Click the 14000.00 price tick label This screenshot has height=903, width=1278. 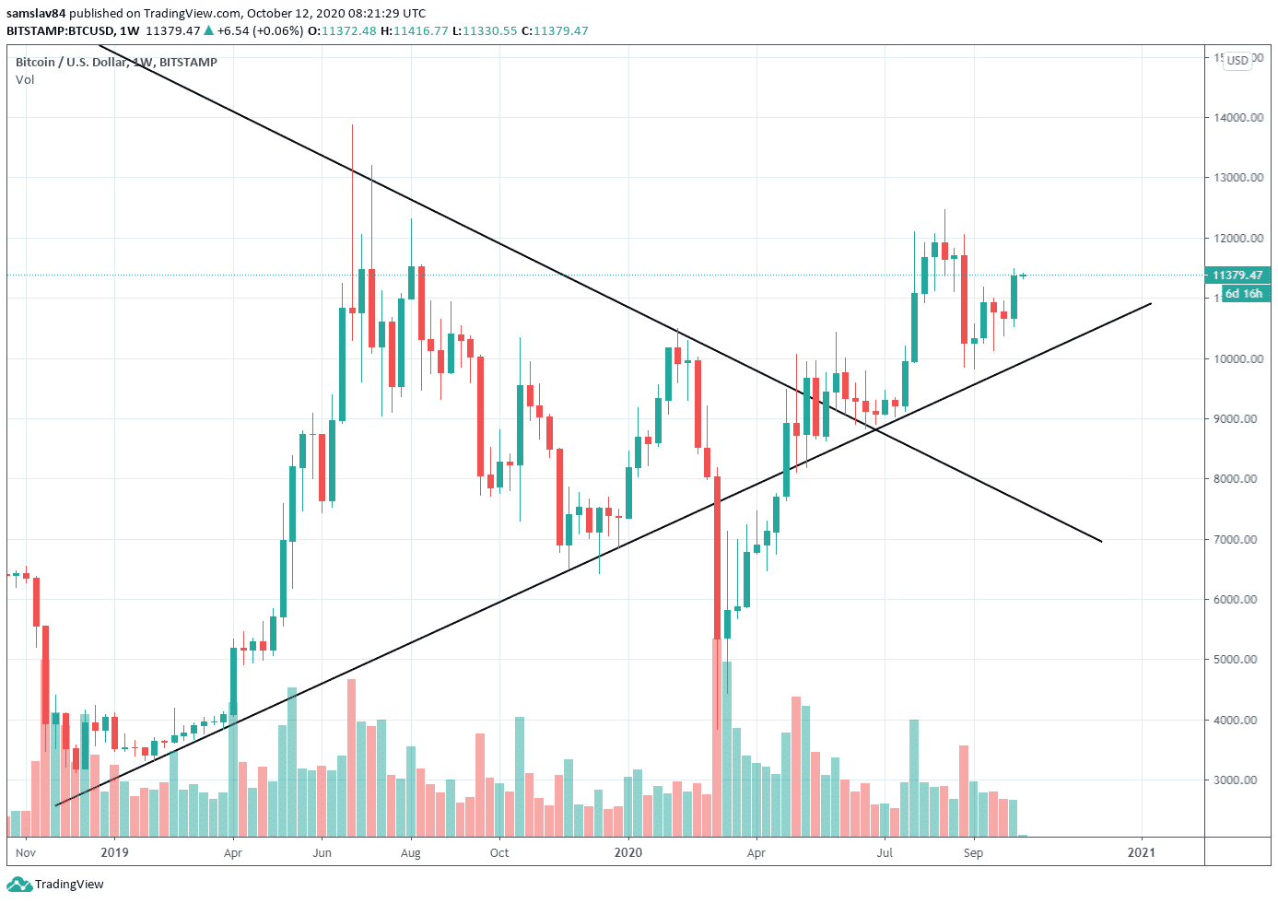click(1237, 118)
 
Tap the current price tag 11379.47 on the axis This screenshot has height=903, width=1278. click(1237, 276)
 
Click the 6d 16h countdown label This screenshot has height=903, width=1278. click(1242, 294)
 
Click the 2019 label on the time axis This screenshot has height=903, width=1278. click(114, 852)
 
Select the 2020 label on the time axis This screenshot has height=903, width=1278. click(627, 852)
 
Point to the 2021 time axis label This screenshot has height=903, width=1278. click(1142, 852)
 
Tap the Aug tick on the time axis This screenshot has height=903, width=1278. click(411, 853)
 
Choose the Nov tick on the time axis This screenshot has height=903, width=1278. click(26, 852)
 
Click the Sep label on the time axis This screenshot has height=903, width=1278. click(973, 853)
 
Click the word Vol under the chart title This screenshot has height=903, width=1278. click(25, 79)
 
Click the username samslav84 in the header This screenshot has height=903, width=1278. click(36, 13)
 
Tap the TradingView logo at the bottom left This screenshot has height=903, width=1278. click(56, 885)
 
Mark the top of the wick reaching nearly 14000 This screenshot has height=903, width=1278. click(352, 125)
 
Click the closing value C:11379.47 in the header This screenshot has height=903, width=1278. click(555, 30)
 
